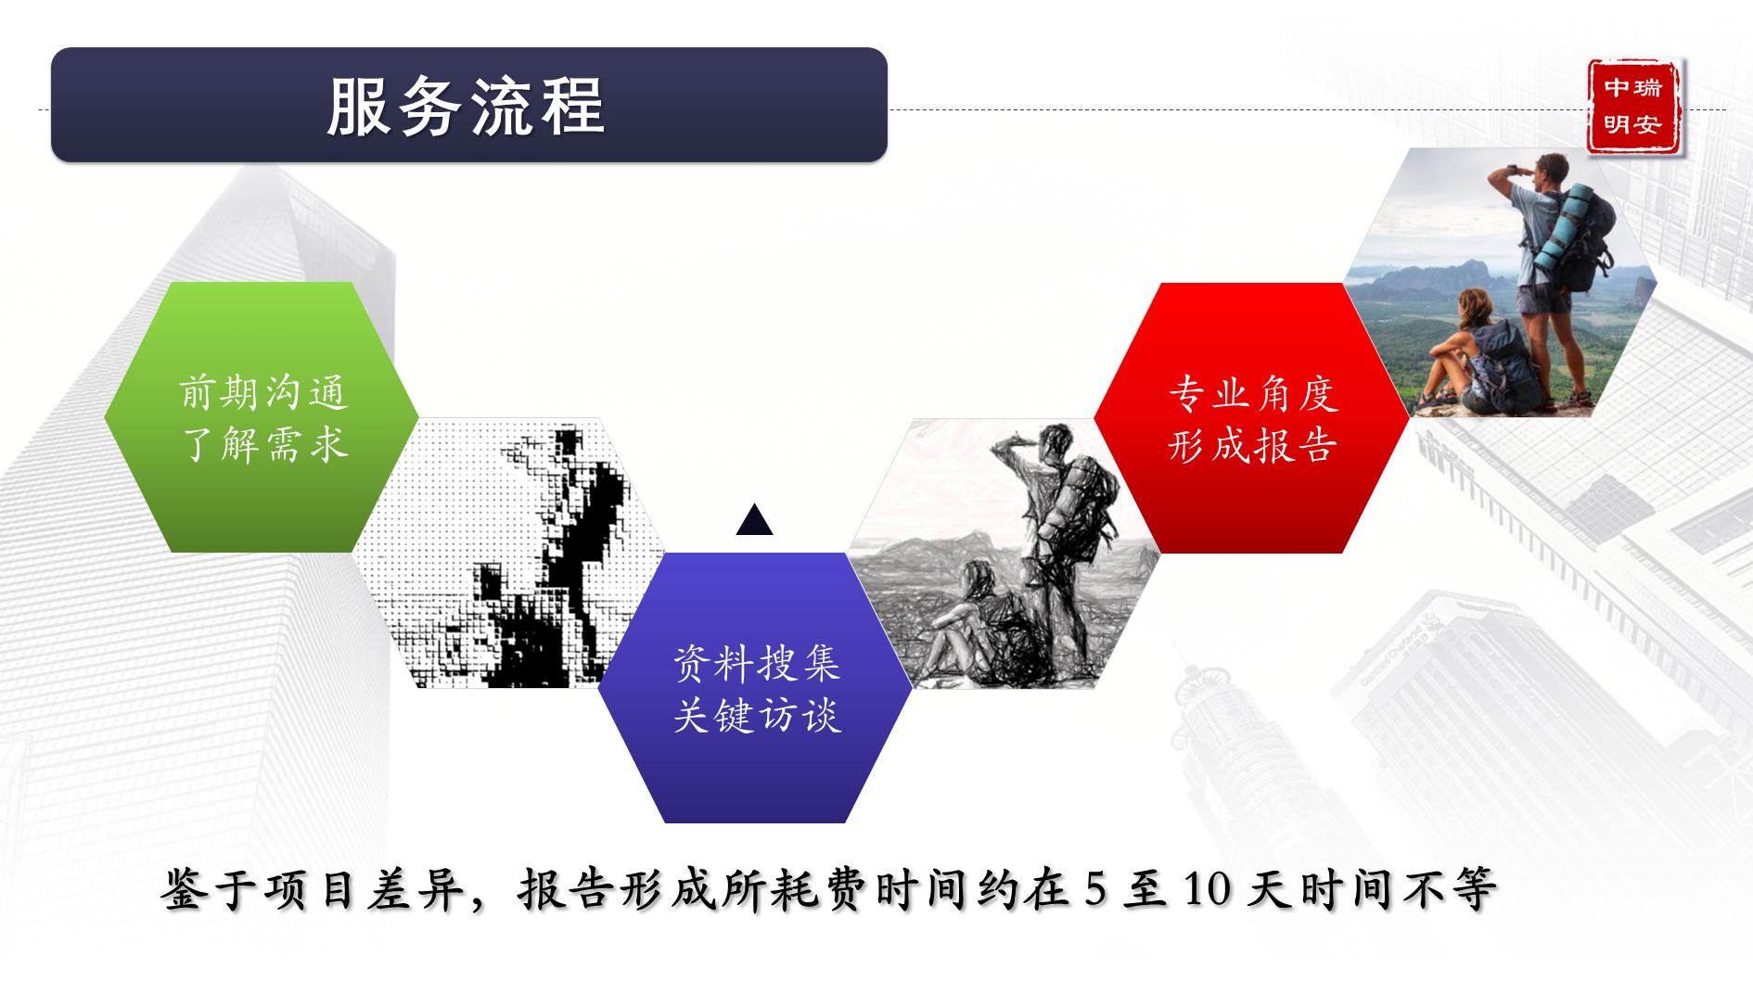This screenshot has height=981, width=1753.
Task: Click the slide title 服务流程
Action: point(467,107)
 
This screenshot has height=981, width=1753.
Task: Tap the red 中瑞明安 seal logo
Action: point(1633,107)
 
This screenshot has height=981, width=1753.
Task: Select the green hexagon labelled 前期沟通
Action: point(262,417)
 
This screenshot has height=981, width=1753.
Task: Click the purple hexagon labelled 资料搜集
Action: point(755,688)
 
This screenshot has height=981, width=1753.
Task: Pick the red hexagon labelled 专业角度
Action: point(1252,418)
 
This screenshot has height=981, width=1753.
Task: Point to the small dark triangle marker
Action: point(754,520)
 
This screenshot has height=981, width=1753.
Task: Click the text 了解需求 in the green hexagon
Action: point(265,445)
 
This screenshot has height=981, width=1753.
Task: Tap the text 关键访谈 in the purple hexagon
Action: point(758,716)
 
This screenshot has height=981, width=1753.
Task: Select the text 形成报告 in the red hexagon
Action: point(1253,446)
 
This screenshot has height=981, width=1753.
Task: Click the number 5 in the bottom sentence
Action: point(1095,888)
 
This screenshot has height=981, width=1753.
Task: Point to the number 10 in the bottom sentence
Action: point(1207,888)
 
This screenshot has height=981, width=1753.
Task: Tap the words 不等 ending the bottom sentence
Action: point(1450,889)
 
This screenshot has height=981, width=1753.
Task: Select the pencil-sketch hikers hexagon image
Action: point(1004,554)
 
